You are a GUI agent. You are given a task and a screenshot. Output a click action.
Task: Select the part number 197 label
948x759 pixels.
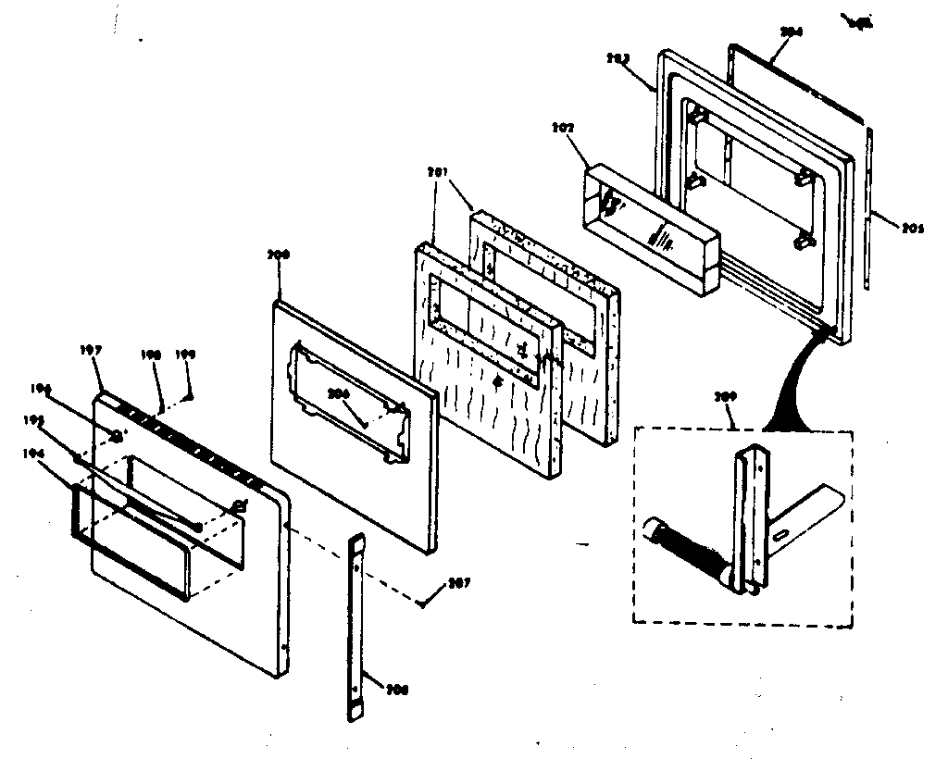coord(92,351)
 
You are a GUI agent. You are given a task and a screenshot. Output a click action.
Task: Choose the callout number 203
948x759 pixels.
coord(643,57)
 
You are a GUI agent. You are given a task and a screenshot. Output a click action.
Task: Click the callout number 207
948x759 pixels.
coord(458,583)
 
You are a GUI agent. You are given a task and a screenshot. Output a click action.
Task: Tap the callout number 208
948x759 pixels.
coord(399,690)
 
